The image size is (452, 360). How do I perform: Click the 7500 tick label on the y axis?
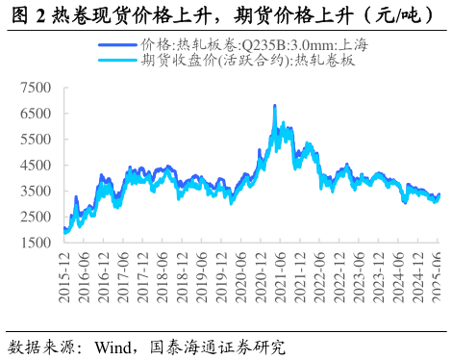(37, 88)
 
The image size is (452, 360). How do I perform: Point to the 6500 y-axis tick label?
(37, 114)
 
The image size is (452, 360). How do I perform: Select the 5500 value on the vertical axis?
(37, 140)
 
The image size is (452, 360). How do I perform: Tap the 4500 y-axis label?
(37, 166)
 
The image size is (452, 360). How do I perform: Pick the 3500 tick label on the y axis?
(37, 192)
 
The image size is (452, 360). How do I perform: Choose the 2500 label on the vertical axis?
(37, 218)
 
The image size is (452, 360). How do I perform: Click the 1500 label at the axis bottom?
(37, 244)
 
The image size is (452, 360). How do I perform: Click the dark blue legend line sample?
(116, 44)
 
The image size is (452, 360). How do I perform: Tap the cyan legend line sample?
(116, 60)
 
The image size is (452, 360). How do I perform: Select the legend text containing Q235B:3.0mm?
(254, 44)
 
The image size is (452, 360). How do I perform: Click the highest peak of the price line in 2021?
(275, 106)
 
